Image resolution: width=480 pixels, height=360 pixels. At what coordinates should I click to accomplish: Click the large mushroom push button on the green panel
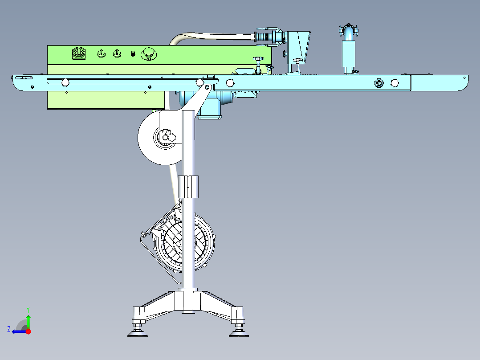[x=149, y=54]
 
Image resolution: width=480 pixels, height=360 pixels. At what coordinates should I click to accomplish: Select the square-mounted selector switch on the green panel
[x=79, y=53]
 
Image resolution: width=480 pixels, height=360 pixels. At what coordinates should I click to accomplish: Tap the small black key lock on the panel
[x=133, y=53]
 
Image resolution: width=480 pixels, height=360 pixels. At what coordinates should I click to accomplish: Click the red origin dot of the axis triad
[x=28, y=331]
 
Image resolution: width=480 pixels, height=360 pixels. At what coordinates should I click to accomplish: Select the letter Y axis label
[x=28, y=310]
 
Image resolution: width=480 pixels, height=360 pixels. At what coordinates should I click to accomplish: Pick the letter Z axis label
[x=9, y=329]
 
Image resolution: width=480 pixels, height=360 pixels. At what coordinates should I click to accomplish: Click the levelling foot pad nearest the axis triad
[x=138, y=334]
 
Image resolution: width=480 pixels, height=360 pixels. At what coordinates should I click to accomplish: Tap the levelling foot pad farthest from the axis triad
[x=239, y=334]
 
